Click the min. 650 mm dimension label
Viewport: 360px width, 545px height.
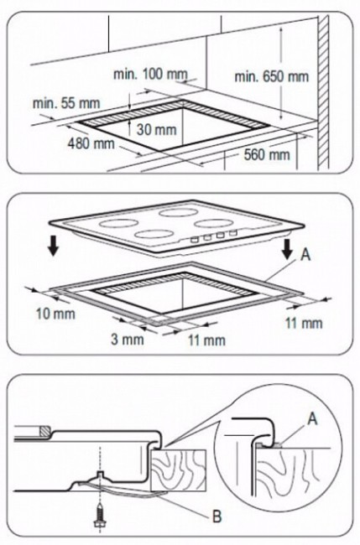[272, 76]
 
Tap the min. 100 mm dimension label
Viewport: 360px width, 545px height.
[150, 74]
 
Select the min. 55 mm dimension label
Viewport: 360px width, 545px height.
[66, 103]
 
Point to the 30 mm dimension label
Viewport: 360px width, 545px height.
[157, 129]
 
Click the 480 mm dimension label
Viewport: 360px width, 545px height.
[91, 143]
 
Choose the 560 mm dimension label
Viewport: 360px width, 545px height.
[267, 154]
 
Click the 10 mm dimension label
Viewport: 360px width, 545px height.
[55, 314]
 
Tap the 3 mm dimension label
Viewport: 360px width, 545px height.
[128, 340]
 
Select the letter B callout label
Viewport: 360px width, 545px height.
[217, 516]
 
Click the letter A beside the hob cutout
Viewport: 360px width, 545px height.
[305, 255]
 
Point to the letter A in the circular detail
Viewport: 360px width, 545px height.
[313, 419]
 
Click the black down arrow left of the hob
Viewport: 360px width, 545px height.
[53, 247]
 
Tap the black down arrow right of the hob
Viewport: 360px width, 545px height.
[287, 249]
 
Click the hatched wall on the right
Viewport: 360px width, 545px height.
[323, 93]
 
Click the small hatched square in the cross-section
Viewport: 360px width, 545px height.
[44, 431]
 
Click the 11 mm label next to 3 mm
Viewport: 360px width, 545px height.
[207, 340]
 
